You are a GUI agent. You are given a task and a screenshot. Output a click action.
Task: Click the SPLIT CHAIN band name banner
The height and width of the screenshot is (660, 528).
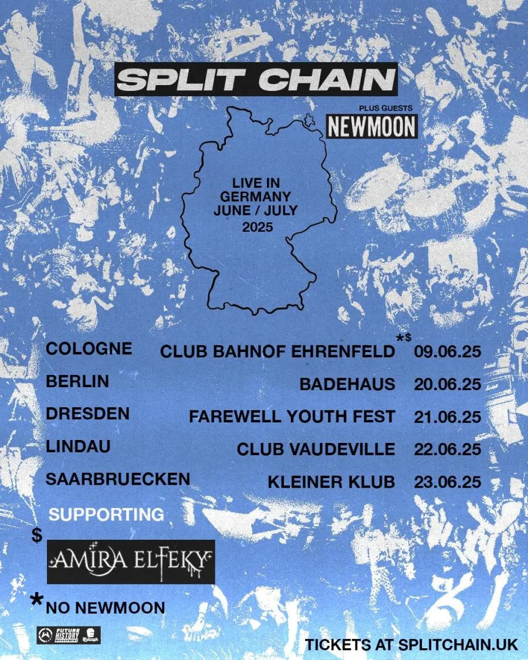pyautogui.click(x=256, y=79)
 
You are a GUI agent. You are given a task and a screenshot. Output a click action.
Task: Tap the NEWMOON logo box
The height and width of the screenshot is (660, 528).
pyautogui.click(x=371, y=126)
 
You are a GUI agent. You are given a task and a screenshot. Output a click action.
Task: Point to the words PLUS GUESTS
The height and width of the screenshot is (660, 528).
pyautogui.click(x=385, y=108)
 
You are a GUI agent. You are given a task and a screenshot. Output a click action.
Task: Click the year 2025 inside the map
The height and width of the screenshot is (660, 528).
pyautogui.click(x=257, y=227)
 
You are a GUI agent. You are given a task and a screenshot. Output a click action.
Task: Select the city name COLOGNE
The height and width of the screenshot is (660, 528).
pyautogui.click(x=89, y=348)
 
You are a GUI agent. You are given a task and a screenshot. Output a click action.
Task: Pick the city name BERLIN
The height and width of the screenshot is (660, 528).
pyautogui.click(x=77, y=381)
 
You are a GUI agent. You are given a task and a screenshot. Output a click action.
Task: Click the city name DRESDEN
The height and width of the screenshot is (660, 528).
pyautogui.click(x=87, y=414)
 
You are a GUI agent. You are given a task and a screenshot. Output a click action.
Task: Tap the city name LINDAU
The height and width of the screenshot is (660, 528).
pyautogui.click(x=78, y=446)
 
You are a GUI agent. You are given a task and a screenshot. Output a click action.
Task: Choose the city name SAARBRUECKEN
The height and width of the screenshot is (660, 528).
pyautogui.click(x=118, y=479)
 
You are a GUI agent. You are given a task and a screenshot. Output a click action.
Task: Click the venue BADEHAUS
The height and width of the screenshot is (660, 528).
pyautogui.click(x=347, y=384)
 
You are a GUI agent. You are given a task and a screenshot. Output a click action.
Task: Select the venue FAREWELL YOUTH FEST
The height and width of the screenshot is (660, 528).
pyautogui.click(x=292, y=417)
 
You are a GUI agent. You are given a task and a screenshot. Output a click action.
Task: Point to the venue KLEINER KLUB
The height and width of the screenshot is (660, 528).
pyautogui.click(x=331, y=482)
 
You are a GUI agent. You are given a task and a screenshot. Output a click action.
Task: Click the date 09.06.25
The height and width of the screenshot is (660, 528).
pyautogui.click(x=447, y=352)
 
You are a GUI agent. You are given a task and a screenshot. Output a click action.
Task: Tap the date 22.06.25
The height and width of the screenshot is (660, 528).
pyautogui.click(x=447, y=450)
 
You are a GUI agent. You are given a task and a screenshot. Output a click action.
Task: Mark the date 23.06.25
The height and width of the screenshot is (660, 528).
pyautogui.click(x=447, y=482)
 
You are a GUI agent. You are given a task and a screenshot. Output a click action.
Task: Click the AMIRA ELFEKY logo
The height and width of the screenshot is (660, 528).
pyautogui.click(x=130, y=561)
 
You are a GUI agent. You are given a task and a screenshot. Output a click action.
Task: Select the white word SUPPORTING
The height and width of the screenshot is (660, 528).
pyautogui.click(x=106, y=515)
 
